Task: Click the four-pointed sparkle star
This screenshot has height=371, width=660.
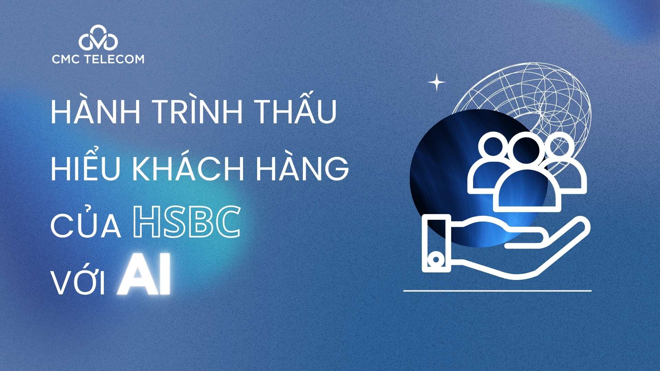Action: tap(437, 82)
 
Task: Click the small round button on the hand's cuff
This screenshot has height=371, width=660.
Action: tap(436, 260)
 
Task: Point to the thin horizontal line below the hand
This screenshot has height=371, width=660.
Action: tap(497, 291)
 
